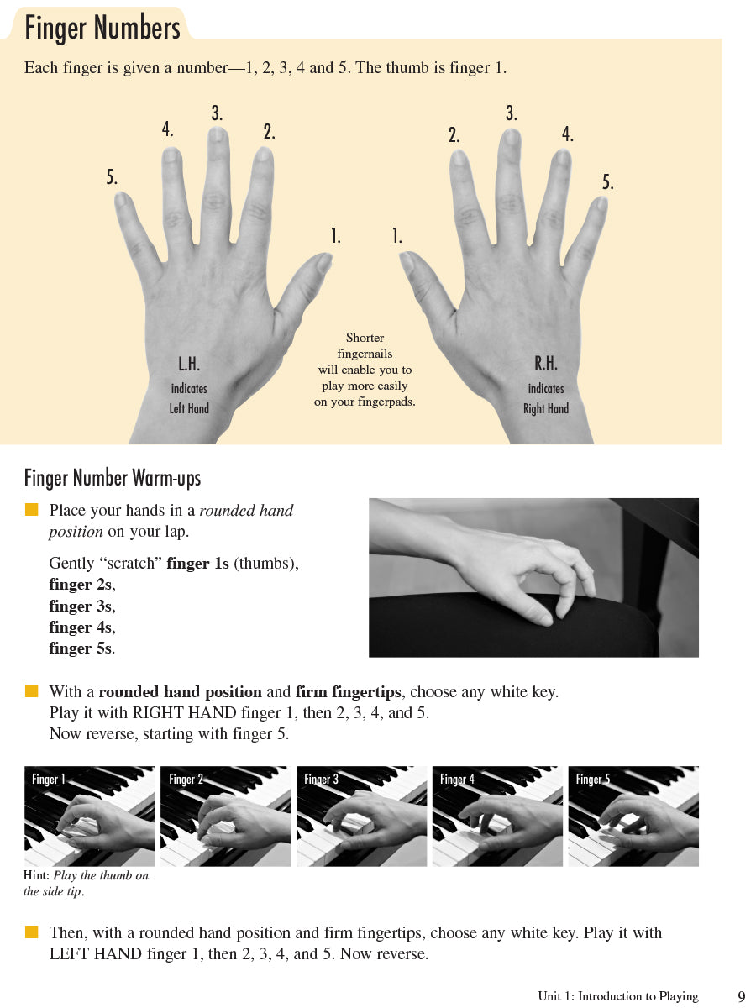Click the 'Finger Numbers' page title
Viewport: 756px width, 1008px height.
point(102,28)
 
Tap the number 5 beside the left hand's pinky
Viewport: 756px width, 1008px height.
point(112,176)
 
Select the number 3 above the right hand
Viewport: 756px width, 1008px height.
point(512,113)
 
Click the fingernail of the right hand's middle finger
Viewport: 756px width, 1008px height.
point(511,137)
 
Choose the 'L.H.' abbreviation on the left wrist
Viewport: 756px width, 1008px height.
point(189,364)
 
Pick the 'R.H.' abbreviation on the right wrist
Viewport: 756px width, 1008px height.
point(545,363)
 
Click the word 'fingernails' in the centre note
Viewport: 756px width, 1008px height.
point(365,354)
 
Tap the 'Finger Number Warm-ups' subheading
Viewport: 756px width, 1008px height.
point(113,478)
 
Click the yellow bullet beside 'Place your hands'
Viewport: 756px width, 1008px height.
point(31,510)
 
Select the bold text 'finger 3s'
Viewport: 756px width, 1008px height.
point(81,606)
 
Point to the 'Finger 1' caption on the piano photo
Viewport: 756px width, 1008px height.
point(48,779)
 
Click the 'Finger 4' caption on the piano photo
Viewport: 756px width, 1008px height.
point(457,779)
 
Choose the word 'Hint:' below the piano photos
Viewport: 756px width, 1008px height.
point(36,875)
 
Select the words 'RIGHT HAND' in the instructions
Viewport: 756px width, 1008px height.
point(184,712)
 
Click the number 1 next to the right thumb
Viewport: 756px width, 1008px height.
point(397,236)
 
